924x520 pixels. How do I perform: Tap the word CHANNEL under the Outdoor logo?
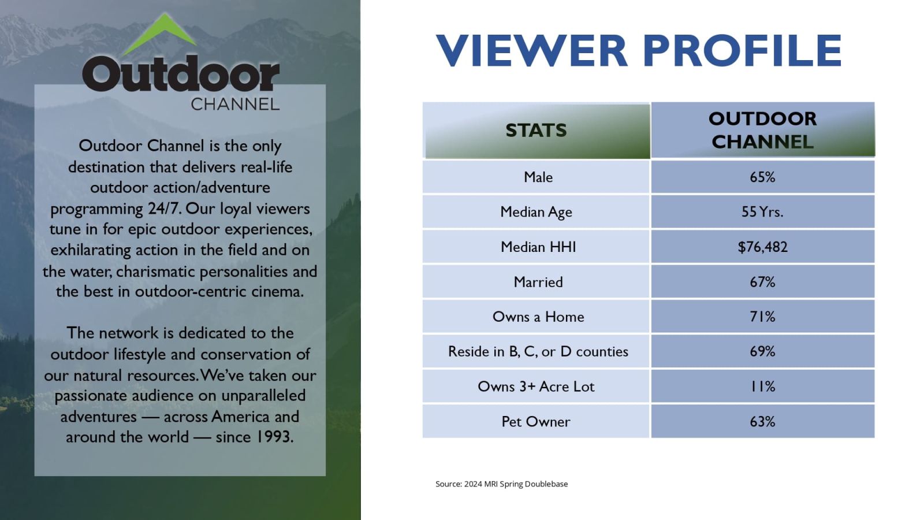click(x=235, y=105)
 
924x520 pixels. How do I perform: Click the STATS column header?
click(x=536, y=130)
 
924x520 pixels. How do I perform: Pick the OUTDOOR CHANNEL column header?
click(x=762, y=130)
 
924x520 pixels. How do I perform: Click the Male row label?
click(x=538, y=177)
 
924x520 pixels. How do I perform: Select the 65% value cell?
click(x=762, y=177)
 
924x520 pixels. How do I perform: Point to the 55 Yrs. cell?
click(x=762, y=211)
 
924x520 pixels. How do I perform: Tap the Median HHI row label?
click(x=538, y=247)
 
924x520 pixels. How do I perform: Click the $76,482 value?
click(x=762, y=247)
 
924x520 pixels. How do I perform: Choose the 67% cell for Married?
click(x=762, y=282)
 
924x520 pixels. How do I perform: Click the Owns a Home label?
click(x=538, y=317)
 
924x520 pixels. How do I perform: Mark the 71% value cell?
click(x=762, y=317)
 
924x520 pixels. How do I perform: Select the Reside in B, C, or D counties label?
click(x=538, y=351)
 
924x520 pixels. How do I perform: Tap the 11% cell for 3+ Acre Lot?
click(x=762, y=387)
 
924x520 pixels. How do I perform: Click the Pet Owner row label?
click(x=536, y=421)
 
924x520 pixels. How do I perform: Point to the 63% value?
click(x=762, y=421)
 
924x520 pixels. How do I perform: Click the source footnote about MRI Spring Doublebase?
click(x=502, y=484)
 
